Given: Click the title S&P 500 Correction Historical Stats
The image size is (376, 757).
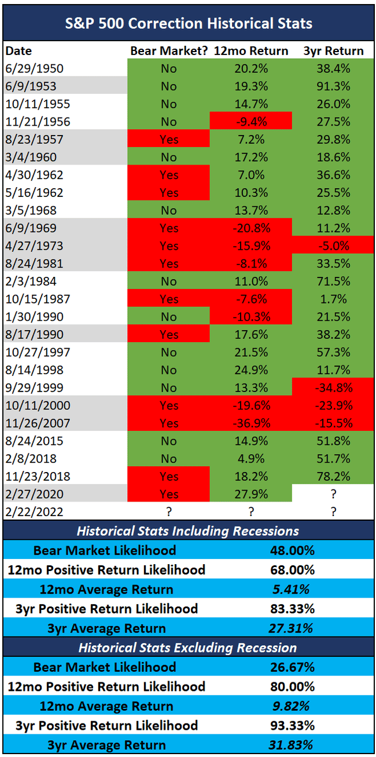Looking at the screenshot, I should [188, 23].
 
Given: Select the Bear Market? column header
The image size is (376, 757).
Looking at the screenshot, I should [169, 51].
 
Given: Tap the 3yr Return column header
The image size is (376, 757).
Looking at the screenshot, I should [333, 51].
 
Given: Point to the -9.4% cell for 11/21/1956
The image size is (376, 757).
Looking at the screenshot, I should [250, 122].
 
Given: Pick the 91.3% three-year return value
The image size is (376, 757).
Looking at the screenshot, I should [333, 86].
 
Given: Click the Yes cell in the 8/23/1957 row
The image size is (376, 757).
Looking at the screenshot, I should [169, 140].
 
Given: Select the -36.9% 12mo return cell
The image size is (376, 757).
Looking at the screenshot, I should [250, 423].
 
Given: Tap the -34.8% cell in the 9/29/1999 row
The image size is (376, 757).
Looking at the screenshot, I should [333, 387].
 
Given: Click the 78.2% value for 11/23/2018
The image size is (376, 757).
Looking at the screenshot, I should [333, 476].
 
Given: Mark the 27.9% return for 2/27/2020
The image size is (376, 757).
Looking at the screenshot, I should [250, 494].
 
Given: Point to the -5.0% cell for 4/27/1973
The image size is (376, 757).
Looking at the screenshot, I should [333, 246].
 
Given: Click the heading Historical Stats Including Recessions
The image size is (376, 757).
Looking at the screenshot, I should [188, 531].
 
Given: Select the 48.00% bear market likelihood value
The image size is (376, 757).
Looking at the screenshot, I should [292, 550].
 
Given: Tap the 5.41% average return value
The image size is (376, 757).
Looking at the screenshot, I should [292, 590].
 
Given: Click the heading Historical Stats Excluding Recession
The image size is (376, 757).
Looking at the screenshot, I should [188, 648].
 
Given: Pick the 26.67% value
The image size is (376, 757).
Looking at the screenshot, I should [292, 667].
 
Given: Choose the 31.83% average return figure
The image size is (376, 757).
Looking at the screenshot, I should [292, 745].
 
